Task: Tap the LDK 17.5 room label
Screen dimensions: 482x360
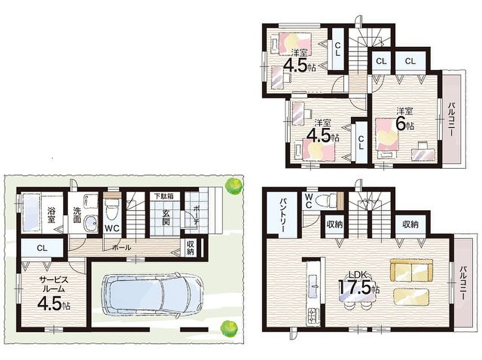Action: tap(359, 284)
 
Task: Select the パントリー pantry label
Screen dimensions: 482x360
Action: tap(283, 215)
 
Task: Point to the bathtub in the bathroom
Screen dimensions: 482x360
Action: tap(32, 211)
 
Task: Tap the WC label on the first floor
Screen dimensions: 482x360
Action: tap(112, 229)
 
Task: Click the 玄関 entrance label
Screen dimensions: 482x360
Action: tap(166, 217)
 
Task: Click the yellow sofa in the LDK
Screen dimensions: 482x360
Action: tap(411, 270)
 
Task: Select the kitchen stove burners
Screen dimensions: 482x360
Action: tap(314, 315)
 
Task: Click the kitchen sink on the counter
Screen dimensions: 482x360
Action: tap(314, 286)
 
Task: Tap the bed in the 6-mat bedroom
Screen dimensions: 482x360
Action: tap(387, 137)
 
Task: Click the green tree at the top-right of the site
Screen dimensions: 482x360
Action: tap(233, 185)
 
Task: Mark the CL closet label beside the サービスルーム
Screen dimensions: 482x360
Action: tap(42, 248)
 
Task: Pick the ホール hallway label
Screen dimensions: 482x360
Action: tap(122, 247)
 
